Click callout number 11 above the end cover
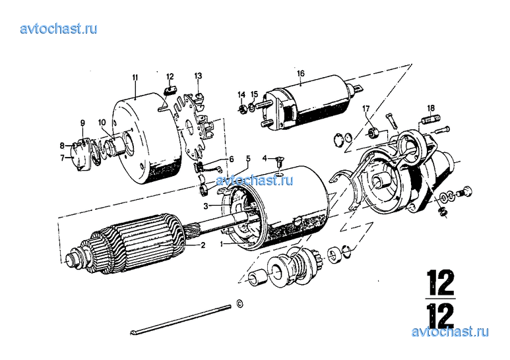tap(135, 77)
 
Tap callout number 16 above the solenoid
tap(301, 73)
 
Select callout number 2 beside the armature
tap(203, 245)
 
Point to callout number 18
tap(431, 108)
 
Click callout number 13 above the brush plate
tap(198, 76)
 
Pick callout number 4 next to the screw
tap(265, 158)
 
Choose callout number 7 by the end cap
tap(63, 158)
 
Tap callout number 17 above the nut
tap(366, 109)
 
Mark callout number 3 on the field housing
tap(206, 206)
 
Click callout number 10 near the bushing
tap(102, 123)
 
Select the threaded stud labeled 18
tap(431, 119)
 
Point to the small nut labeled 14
tap(241, 109)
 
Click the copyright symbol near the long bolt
tap(239, 303)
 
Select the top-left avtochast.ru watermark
tap(59, 28)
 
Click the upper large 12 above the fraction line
tap(441, 282)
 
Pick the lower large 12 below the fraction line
tap(441, 316)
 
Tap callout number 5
tap(248, 159)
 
